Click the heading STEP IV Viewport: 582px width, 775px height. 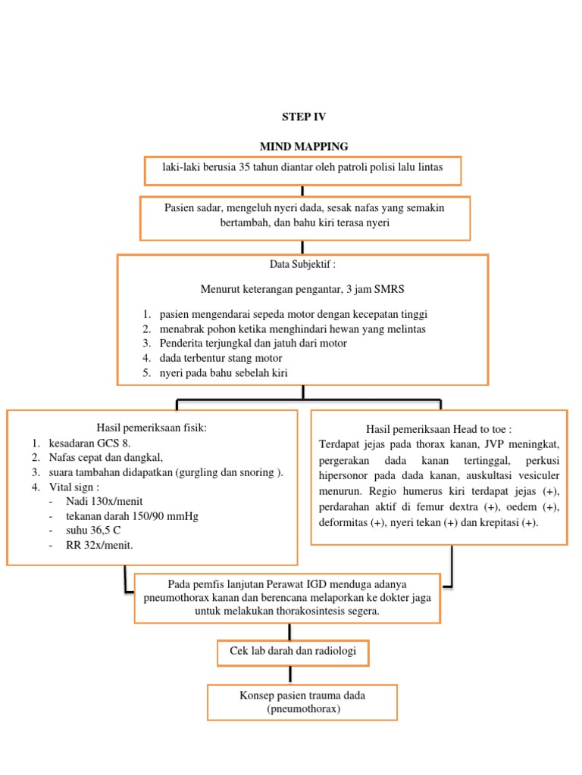tap(302, 117)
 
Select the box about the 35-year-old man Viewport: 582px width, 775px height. tap(302, 170)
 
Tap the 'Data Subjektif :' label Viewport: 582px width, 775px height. tap(302, 264)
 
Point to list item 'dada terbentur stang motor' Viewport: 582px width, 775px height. tap(221, 358)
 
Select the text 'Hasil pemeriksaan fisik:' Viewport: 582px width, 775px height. tap(152, 428)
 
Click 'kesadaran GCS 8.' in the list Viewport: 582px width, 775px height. tap(95, 443)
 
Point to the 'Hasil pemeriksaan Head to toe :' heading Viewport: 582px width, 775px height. tap(439, 429)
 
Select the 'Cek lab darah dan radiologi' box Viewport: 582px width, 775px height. tap(293, 651)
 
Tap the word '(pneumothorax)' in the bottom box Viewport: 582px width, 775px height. tap(302, 709)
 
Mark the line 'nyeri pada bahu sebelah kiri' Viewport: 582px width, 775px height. tap(224, 372)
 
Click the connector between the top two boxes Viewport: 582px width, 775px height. tap(302, 191)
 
